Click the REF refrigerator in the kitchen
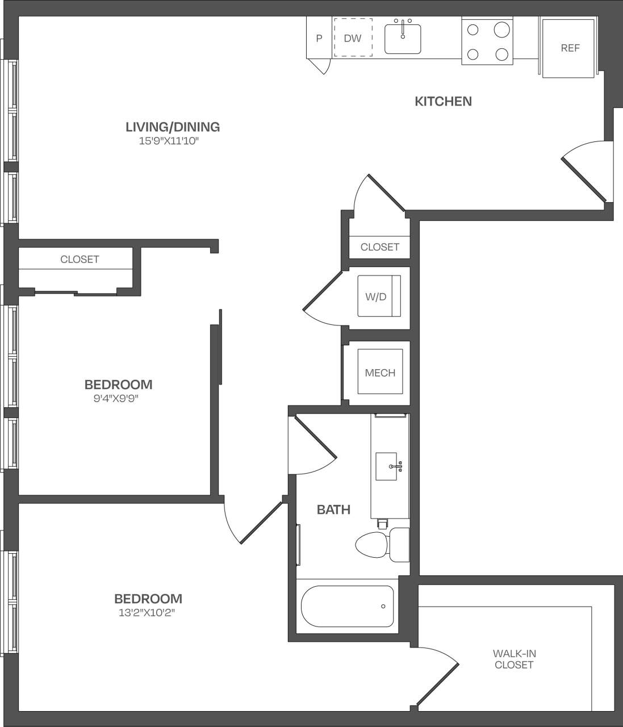(x=569, y=48)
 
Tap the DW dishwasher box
(x=353, y=38)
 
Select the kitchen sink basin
(x=403, y=40)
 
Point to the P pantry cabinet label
(x=319, y=39)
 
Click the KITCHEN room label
(x=443, y=101)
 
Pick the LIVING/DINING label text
(x=173, y=127)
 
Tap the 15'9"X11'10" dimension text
(x=169, y=141)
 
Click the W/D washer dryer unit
(x=379, y=296)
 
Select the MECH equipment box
(x=380, y=373)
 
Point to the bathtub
(x=347, y=606)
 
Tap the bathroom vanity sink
(x=387, y=466)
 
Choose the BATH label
(x=333, y=509)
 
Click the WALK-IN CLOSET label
(x=514, y=659)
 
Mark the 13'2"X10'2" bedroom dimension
(x=148, y=613)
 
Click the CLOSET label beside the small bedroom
(x=80, y=259)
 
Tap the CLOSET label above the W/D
(x=379, y=246)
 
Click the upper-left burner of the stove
(x=473, y=30)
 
